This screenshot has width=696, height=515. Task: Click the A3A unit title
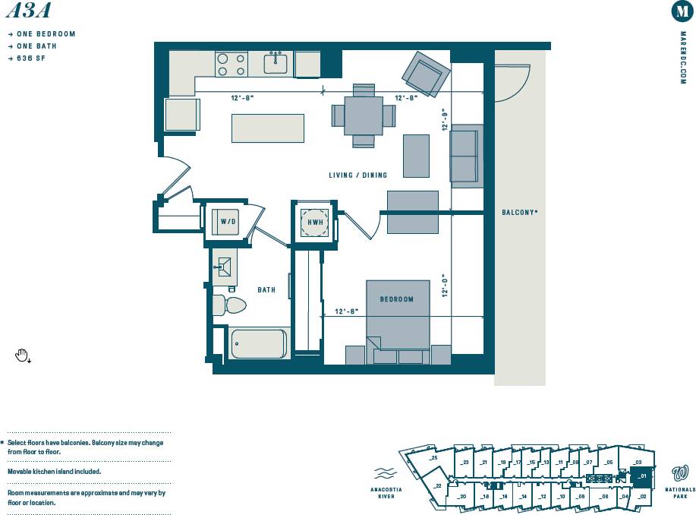(x=28, y=10)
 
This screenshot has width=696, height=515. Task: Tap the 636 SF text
(x=31, y=58)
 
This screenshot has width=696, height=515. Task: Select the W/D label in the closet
(x=228, y=221)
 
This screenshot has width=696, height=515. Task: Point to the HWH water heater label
(x=315, y=221)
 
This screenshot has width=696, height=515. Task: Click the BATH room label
(x=266, y=289)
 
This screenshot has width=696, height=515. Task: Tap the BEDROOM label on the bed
(x=397, y=299)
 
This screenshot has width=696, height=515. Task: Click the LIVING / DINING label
(x=357, y=175)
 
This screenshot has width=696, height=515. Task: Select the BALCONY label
(x=519, y=213)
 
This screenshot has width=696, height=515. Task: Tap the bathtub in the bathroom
(x=258, y=343)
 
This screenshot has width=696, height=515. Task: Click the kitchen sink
(x=276, y=63)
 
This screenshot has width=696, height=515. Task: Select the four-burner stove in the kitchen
(x=231, y=64)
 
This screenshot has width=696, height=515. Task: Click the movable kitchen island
(x=268, y=128)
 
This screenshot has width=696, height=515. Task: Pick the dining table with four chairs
(x=364, y=115)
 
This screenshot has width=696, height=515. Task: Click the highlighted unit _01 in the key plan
(x=641, y=478)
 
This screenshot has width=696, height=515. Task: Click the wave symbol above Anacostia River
(x=386, y=472)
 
